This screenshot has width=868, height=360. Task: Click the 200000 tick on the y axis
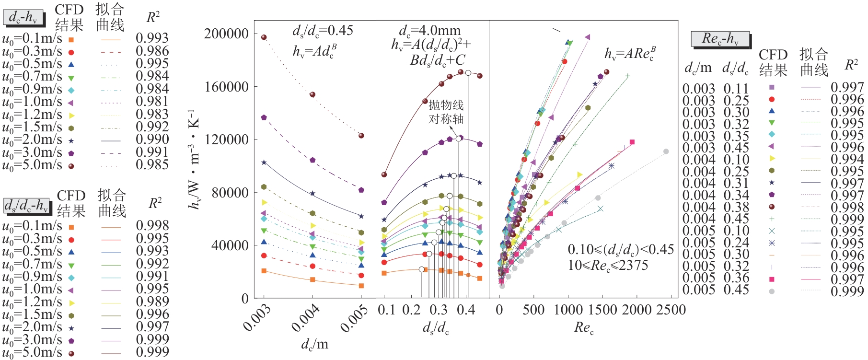tap(226, 34)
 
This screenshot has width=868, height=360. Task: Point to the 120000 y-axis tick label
tap(226, 139)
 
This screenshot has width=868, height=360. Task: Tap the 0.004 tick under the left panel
tap(306, 318)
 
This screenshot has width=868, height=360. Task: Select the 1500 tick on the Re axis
tap(602, 310)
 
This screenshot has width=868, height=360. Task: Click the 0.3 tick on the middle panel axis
tap(438, 310)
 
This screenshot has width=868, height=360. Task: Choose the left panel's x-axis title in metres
tap(314, 344)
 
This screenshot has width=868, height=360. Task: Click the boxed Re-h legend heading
tap(720, 39)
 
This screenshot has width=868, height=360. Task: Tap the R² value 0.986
tap(152, 51)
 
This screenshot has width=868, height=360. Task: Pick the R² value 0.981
tap(152, 102)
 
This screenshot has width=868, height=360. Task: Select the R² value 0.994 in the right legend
tap(847, 159)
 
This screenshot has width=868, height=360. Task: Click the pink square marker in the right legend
tap(772, 279)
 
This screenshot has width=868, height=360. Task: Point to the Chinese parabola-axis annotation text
tap(446, 112)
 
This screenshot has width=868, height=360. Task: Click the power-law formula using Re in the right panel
tap(630, 53)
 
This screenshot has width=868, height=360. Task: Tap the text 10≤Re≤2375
tap(608, 265)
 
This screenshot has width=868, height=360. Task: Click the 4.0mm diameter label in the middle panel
tap(429, 31)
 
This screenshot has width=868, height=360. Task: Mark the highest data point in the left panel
tap(264, 37)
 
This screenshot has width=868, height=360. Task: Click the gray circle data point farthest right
tap(666, 151)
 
